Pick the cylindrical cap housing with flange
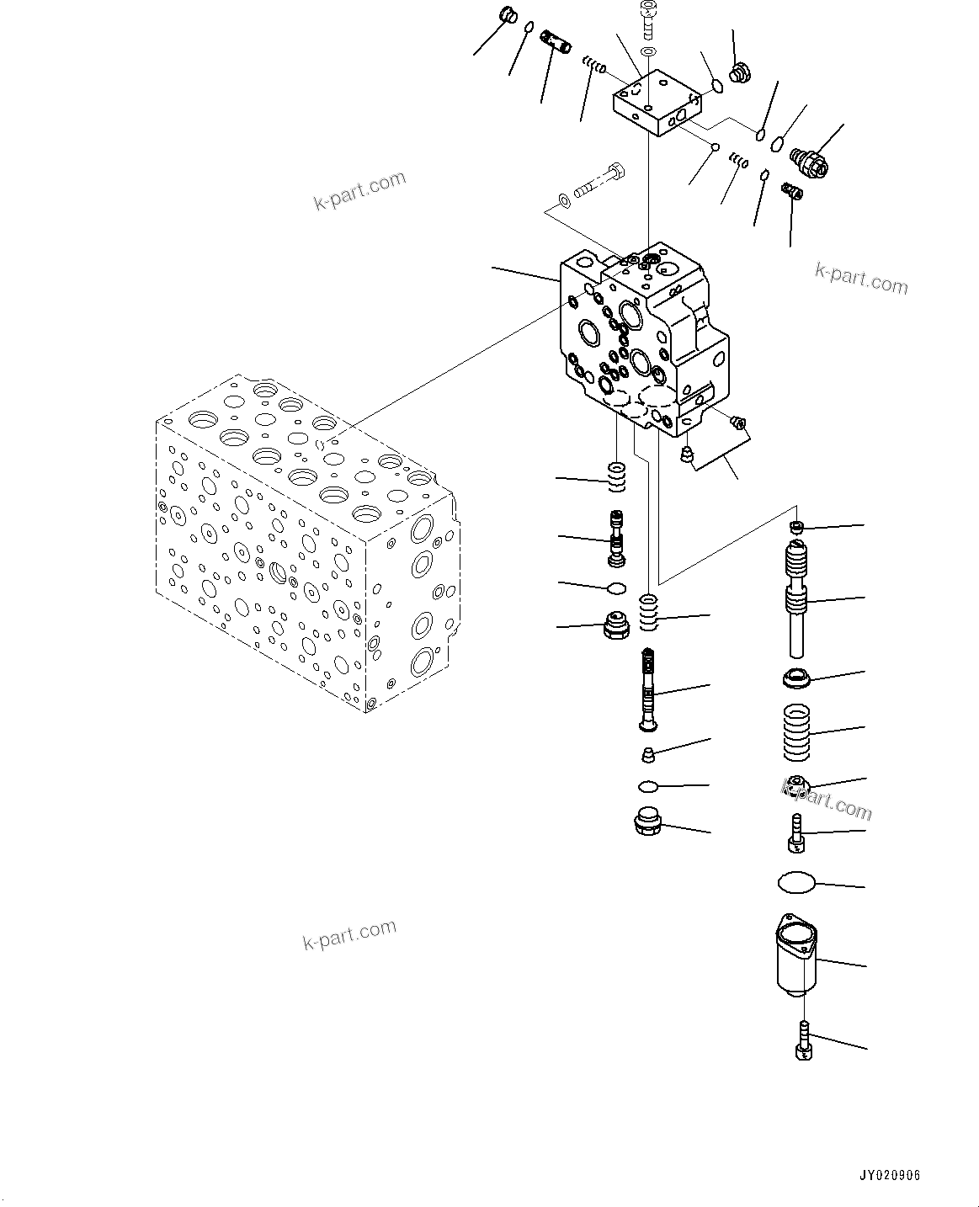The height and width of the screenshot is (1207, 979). pos(795,954)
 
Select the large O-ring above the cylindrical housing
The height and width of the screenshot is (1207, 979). pos(796,882)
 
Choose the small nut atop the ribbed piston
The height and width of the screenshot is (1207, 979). pos(795,527)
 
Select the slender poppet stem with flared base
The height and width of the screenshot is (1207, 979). pos(648,689)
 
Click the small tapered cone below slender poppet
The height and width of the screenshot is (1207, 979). pos(648,752)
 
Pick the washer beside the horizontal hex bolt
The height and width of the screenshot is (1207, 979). pos(564,201)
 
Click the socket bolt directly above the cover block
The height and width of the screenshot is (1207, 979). pos(648,21)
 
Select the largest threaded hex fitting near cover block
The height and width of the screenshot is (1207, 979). pos(810,161)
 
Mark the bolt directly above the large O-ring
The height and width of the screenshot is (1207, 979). pos(795,832)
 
